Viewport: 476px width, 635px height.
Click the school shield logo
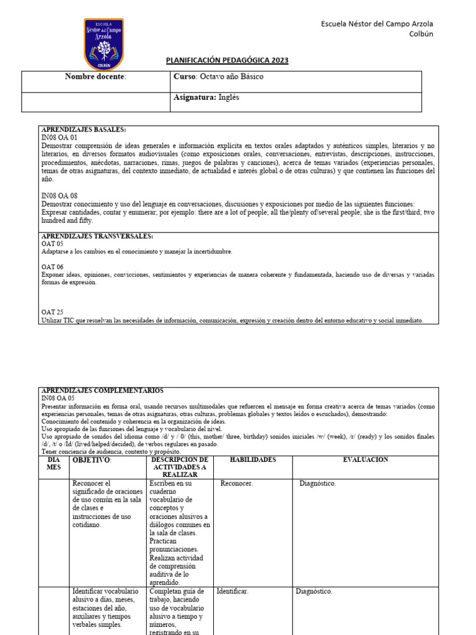coord(104,43)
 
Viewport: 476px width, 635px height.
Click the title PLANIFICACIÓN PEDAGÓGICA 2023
coord(227,60)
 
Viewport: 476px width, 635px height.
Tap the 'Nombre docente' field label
coord(95,76)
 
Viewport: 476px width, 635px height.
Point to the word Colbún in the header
coord(421,34)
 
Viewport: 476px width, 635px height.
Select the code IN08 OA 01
coord(59,137)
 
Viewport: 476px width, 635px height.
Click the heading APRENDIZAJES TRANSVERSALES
coord(97,236)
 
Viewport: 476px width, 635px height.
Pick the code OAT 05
coord(52,244)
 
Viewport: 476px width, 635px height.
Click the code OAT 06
coord(52,267)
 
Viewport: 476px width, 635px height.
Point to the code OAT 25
coord(52,313)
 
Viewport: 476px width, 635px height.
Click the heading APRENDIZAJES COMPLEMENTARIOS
coord(102,391)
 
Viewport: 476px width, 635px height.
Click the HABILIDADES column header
coord(252,460)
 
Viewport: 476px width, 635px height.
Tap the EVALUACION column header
coord(366,460)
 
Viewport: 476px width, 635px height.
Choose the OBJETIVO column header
coord(92,460)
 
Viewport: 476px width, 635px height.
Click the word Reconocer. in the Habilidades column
coord(237,484)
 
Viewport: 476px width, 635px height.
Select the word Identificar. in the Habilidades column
coord(232,592)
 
